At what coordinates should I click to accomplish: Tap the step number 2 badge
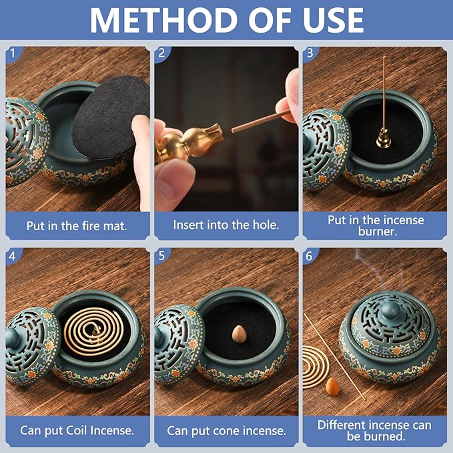pos(161,53)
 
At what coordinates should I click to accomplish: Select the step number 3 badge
pos(309,53)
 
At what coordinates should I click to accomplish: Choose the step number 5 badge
pos(161,255)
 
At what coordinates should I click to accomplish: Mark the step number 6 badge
pos(309,255)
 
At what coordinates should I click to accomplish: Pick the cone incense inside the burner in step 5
pos(239,333)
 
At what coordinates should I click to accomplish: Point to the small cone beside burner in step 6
pos(332,385)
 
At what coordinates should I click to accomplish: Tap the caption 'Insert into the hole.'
pos(225,225)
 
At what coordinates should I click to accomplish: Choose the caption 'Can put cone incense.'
pos(225,430)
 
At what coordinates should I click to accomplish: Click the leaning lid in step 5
pos(176,344)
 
